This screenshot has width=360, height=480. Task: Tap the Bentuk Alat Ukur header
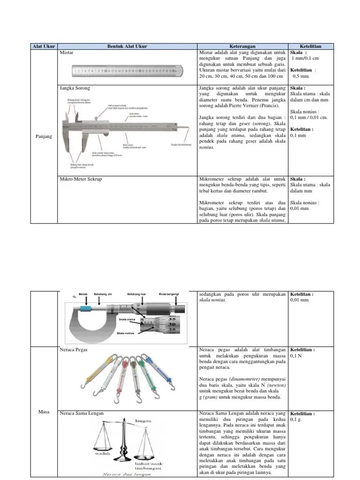pos(128,46)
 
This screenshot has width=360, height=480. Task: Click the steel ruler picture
pos(127,71)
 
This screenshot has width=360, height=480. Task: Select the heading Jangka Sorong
pos(75,88)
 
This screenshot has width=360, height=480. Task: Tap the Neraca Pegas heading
pos(74,350)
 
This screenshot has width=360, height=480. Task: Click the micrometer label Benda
pos(83,294)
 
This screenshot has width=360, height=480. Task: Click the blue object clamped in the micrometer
pos(85,309)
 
